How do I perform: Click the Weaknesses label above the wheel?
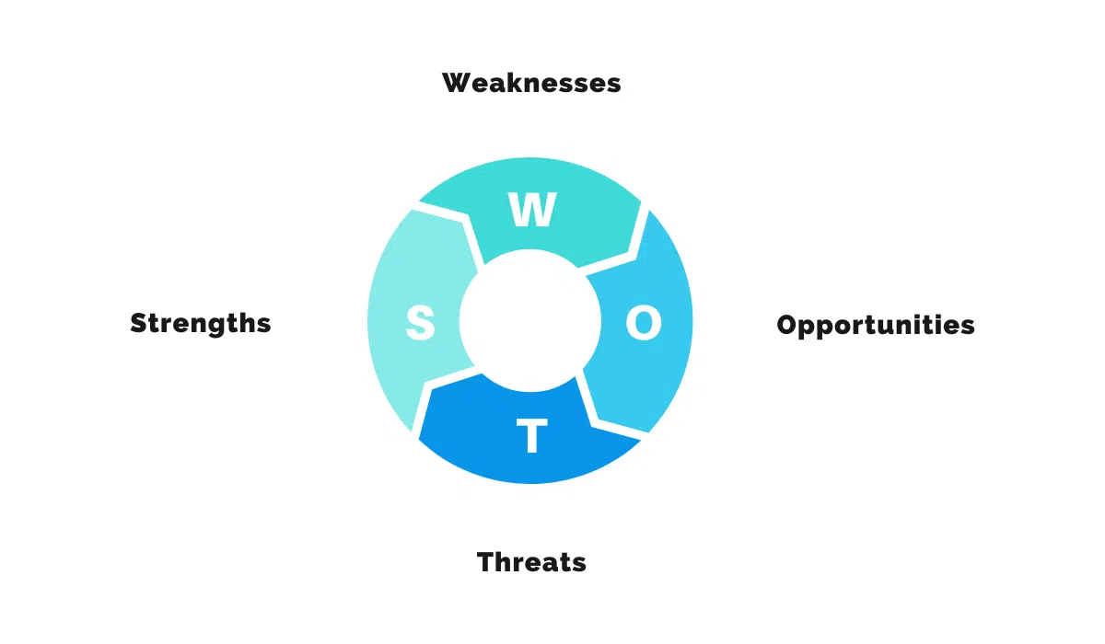(x=531, y=83)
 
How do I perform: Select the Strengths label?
(x=201, y=324)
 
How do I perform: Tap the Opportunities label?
(x=876, y=325)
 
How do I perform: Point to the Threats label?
(x=531, y=562)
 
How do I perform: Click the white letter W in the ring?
(x=532, y=209)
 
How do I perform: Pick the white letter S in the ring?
(x=420, y=323)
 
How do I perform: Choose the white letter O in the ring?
(x=644, y=322)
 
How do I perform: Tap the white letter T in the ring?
(x=532, y=435)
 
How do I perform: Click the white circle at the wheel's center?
(x=530, y=321)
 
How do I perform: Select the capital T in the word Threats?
(x=488, y=562)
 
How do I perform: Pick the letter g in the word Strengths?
(x=225, y=327)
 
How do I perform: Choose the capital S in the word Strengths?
(x=140, y=324)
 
